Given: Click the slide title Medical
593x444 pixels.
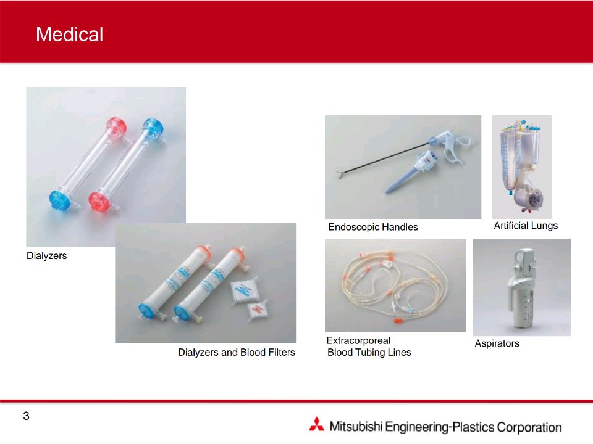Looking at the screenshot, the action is [x=70, y=35].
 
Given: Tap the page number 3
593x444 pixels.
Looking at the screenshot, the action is [x=26, y=416].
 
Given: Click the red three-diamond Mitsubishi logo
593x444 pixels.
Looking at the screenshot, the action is [x=316, y=424].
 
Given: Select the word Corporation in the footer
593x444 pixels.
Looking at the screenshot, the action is [x=529, y=427].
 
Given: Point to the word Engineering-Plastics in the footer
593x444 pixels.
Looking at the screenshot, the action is [x=440, y=427].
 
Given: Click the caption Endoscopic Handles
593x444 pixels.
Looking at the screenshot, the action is [x=373, y=227].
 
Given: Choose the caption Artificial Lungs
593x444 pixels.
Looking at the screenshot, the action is [x=526, y=226].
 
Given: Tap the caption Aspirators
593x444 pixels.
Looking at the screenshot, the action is [x=497, y=343].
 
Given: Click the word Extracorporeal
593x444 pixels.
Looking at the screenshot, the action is [x=358, y=340].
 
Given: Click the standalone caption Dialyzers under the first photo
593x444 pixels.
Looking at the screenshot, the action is [x=46, y=255].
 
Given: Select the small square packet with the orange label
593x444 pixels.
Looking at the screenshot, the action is [x=258, y=310].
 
